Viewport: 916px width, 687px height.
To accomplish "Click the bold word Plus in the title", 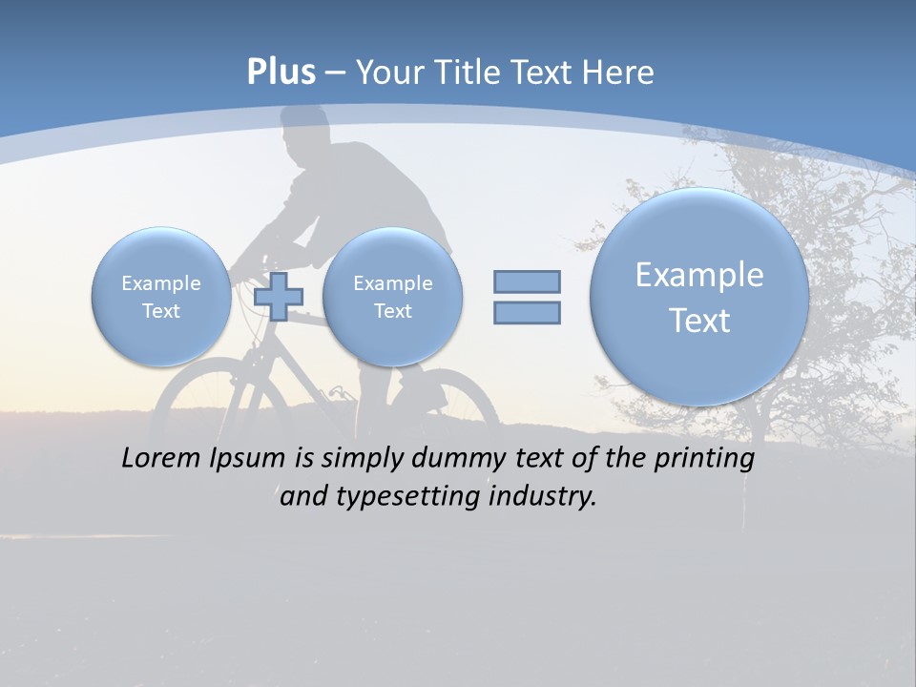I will point(281,73).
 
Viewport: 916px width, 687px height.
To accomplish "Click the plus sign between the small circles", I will point(279,296).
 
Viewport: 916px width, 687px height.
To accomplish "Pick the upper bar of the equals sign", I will point(527,281).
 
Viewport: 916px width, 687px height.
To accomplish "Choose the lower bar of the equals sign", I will point(527,312).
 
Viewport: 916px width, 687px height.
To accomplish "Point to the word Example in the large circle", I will point(699,275).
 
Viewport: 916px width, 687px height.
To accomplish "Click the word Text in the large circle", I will point(699,321).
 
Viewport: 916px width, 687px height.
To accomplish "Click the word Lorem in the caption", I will point(162,458).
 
